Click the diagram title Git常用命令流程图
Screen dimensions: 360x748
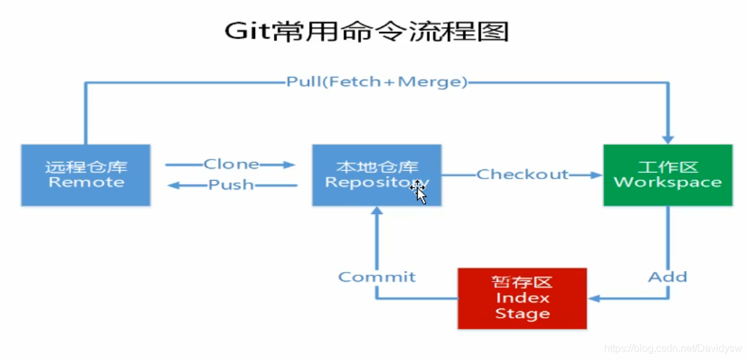[x=366, y=30]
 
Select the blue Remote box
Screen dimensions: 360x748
[x=85, y=175]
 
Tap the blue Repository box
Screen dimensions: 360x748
[x=377, y=175]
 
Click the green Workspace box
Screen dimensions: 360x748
[x=668, y=175]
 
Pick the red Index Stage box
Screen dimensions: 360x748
[x=522, y=298]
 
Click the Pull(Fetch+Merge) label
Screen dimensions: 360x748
[x=377, y=82]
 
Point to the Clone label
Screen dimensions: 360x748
[x=231, y=165]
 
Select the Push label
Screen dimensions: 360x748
[x=231, y=185]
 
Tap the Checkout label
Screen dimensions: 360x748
[x=522, y=174]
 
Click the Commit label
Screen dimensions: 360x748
[x=377, y=277]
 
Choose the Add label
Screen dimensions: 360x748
[x=668, y=277]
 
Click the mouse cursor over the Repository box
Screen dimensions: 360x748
[x=419, y=191]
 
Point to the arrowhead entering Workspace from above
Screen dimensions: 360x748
[x=668, y=138]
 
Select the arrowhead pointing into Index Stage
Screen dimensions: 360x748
[x=595, y=298]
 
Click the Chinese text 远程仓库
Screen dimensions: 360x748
[x=85, y=167]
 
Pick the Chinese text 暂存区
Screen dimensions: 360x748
[x=522, y=283]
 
